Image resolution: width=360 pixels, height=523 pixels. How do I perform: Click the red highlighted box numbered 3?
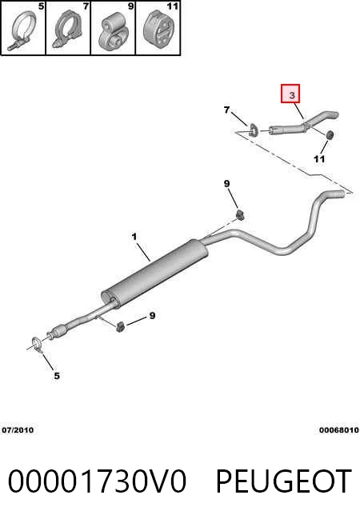[x=290, y=94]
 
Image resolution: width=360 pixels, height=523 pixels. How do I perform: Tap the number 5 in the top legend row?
[x=41, y=6]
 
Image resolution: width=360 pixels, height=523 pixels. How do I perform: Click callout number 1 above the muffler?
[x=134, y=237]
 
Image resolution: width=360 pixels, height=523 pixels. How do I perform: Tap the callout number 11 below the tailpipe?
[x=319, y=159]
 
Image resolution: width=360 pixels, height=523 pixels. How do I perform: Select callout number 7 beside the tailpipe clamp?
[x=227, y=110]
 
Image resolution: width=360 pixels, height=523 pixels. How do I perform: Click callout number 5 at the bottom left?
[x=57, y=376]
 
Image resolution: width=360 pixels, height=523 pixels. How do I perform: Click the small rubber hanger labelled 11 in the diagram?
[x=330, y=134]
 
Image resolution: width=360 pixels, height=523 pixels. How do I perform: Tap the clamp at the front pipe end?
[x=36, y=345]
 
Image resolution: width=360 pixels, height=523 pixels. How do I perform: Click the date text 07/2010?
[x=18, y=430]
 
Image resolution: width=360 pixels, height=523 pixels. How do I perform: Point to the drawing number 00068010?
[x=338, y=430]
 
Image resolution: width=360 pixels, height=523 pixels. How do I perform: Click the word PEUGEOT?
[x=283, y=481]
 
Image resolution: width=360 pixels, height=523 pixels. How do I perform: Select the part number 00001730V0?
[x=97, y=481]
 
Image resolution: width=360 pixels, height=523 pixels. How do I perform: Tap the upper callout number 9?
[x=227, y=183]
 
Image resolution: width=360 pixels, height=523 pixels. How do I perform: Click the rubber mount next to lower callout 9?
[x=121, y=326]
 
